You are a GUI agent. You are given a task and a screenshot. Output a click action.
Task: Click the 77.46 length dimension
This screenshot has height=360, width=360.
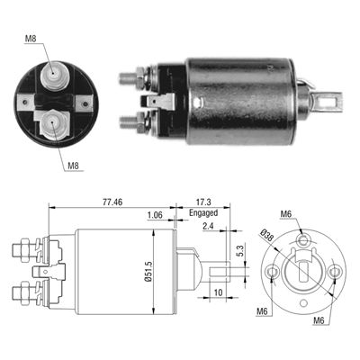click(112, 204)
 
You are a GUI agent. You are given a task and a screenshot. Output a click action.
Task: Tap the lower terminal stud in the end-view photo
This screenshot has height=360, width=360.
click(51, 121)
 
